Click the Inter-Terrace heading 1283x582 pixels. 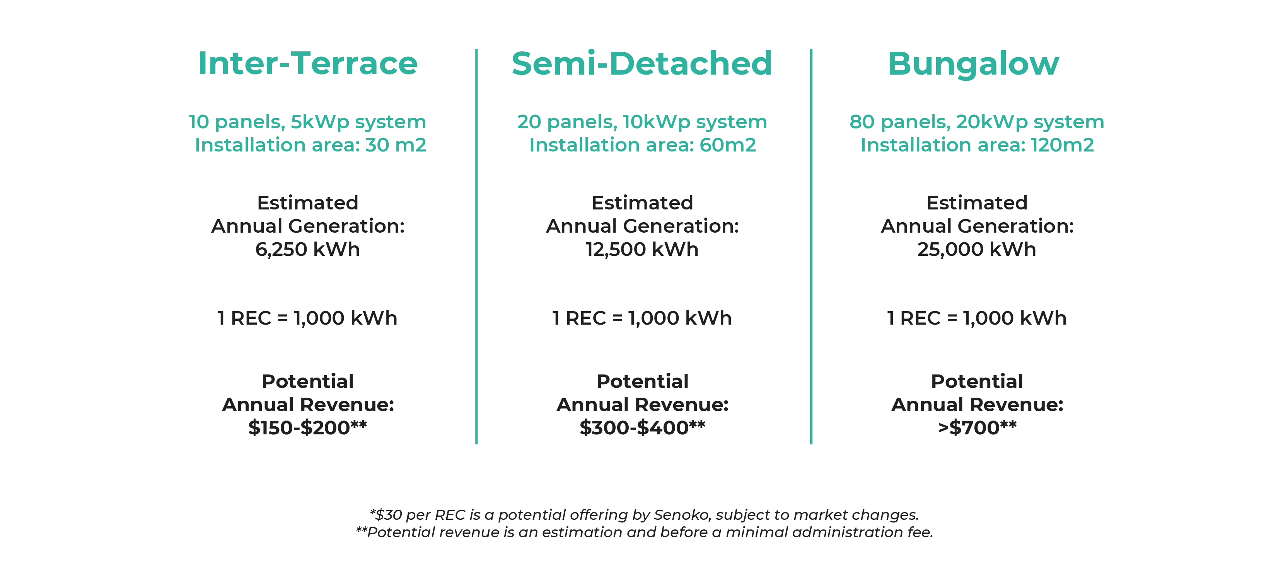coord(308,63)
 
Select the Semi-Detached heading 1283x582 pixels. coord(642,63)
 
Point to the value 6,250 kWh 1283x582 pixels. coord(307,249)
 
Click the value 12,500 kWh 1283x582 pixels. coord(642,249)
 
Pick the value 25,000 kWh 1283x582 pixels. coord(977,249)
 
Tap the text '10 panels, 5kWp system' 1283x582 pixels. coord(307,122)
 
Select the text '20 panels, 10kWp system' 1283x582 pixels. coord(642,122)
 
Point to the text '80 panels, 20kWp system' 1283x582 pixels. coord(977,122)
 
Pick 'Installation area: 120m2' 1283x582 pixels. coord(977,145)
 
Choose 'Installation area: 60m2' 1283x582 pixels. coord(643,145)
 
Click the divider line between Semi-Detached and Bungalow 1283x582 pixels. coord(811,247)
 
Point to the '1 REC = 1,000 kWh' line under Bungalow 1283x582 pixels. coord(977,318)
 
